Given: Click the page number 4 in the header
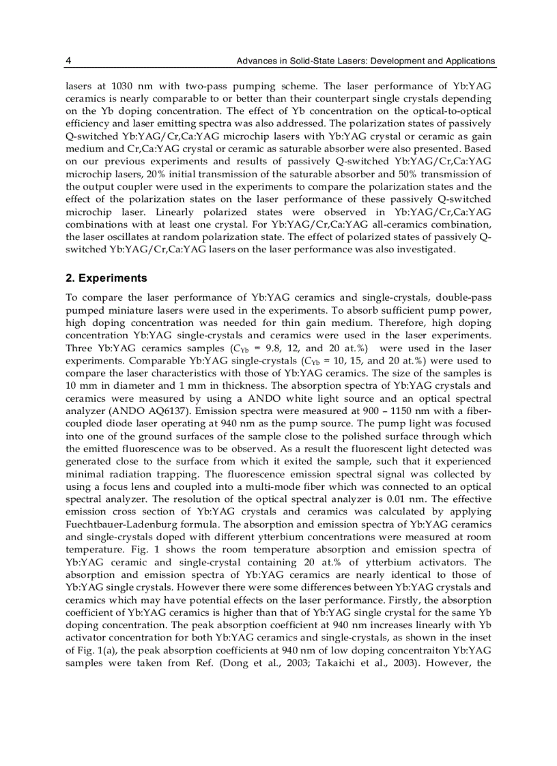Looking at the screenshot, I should [x=68, y=61].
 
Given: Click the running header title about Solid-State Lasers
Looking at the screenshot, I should [x=365, y=61].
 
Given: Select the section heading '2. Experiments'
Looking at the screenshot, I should [x=106, y=279].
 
